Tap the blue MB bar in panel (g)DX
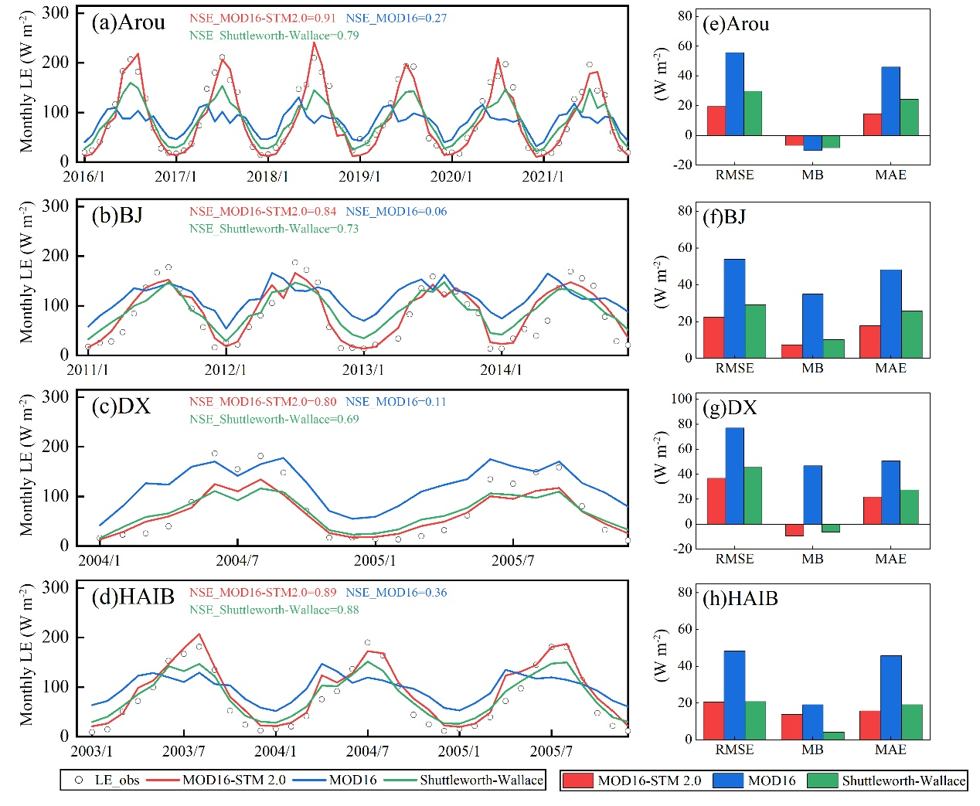[x=812, y=495]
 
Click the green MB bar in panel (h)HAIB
[x=834, y=735]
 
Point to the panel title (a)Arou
[x=128, y=22]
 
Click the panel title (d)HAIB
[x=132, y=597]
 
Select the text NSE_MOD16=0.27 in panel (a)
[x=396, y=18]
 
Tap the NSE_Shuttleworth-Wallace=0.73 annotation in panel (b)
[x=274, y=229]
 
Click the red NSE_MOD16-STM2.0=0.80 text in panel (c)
[x=263, y=402]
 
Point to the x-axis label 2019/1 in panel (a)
[x=359, y=177]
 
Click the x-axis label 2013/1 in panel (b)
[x=362, y=370]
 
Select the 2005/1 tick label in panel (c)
[x=375, y=560]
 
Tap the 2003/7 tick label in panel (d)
[x=183, y=751]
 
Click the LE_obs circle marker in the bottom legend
[x=78, y=780]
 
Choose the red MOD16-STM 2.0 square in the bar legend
[x=577, y=780]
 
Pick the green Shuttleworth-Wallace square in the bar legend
[x=822, y=780]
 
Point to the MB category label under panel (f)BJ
[x=812, y=368]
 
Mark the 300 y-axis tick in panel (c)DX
[x=55, y=397]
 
